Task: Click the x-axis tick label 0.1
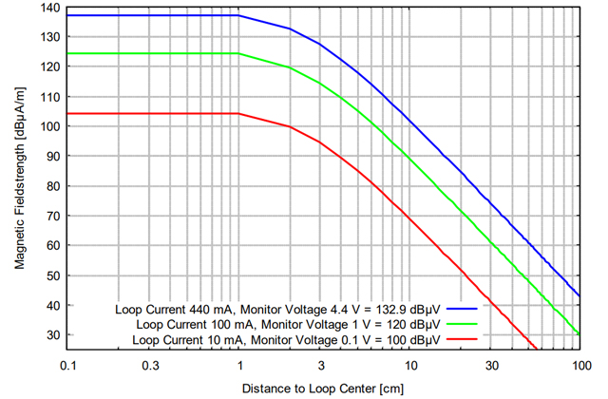[68, 367]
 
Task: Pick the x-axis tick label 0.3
[149, 367]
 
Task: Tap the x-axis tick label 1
[238, 367]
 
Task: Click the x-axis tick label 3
[320, 367]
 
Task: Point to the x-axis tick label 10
[409, 367]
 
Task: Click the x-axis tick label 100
[579, 367]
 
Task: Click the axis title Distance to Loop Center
[324, 389]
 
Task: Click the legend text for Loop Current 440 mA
[277, 309]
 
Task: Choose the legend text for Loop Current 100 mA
[286, 324]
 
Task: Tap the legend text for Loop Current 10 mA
[286, 339]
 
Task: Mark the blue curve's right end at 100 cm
[579, 296]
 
